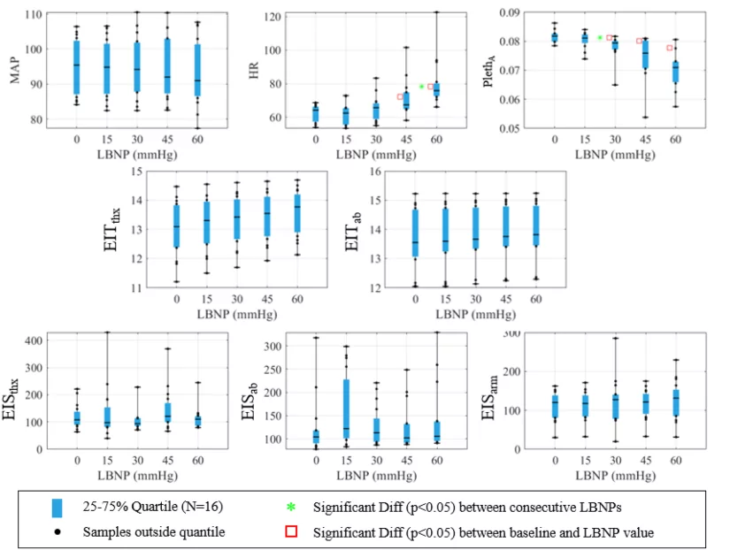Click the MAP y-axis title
pos(15,70)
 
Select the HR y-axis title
pos(254,71)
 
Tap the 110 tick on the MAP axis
pos(33,14)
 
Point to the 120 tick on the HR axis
pos(273,17)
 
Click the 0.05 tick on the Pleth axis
pos(510,128)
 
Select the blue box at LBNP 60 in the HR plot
pos(436,89)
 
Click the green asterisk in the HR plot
pos(421,87)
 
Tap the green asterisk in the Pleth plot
pos(600,38)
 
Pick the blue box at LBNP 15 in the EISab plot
pos(346,409)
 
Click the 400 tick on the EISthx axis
pos(33,340)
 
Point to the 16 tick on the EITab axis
pos(375,172)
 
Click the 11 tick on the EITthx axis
pos(136,288)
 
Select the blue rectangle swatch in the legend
pos(57,508)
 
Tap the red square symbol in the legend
pos(291,531)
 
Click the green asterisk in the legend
pos(291,507)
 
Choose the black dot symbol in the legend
pos(58,531)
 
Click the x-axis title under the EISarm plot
pos(616,476)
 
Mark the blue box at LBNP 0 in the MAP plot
pos(77,67)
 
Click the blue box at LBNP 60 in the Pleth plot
pos(675,73)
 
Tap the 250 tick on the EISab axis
pos(273,370)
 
